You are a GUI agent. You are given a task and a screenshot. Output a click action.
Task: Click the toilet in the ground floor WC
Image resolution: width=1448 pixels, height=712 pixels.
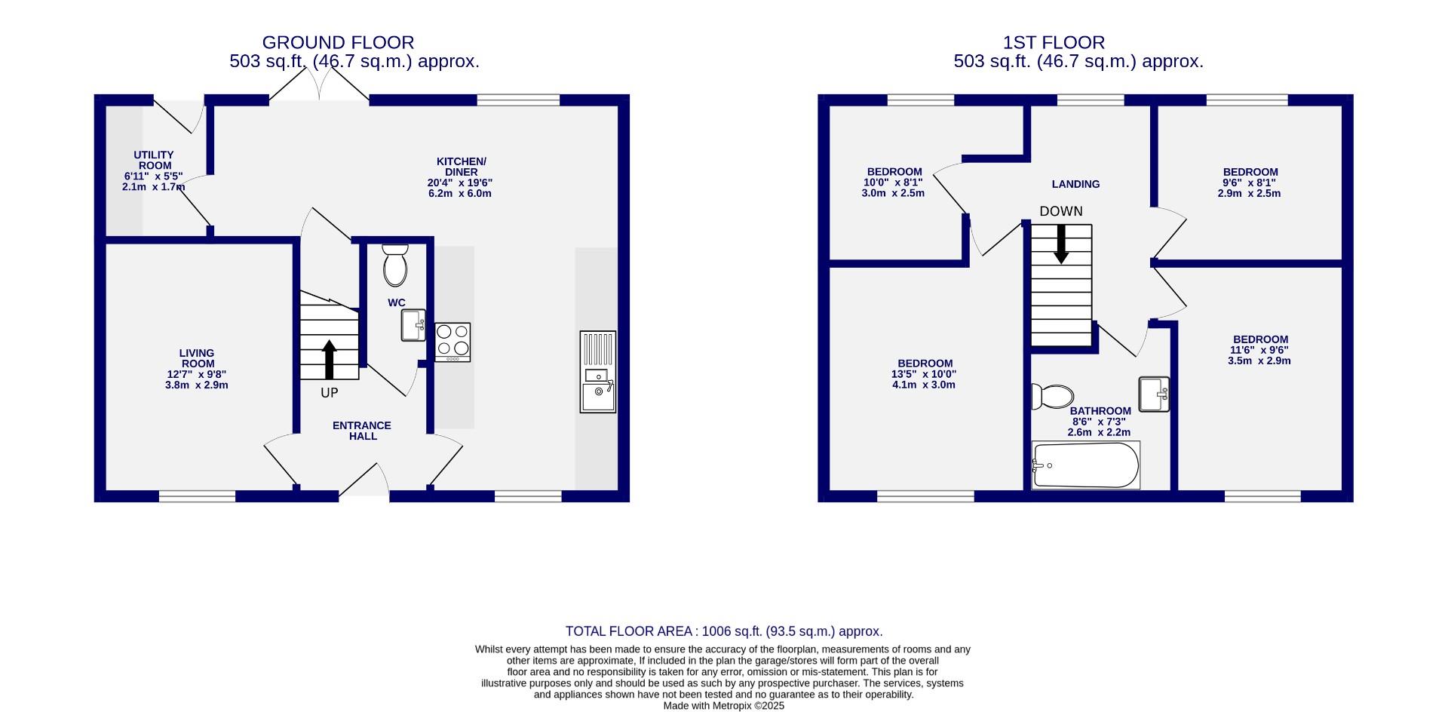pyautogui.click(x=395, y=266)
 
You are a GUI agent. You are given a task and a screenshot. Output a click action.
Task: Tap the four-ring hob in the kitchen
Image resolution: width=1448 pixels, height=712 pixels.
pyautogui.click(x=452, y=342)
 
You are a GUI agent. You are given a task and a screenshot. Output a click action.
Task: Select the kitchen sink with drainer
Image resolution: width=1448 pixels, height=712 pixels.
pyautogui.click(x=598, y=372)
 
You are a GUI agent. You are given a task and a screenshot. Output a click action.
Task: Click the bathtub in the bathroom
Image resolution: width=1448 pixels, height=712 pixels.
pyautogui.click(x=1086, y=465)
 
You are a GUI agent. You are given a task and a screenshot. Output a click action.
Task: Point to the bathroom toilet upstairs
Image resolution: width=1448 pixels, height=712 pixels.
pyautogui.click(x=1053, y=396)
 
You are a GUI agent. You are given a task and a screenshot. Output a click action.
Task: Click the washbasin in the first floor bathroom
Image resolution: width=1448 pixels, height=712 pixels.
pyautogui.click(x=1154, y=394)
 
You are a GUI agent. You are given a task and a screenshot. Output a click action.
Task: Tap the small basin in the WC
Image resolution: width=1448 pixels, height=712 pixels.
pyautogui.click(x=413, y=325)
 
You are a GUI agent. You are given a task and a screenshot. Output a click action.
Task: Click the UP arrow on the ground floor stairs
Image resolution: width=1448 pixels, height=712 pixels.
pyautogui.click(x=330, y=359)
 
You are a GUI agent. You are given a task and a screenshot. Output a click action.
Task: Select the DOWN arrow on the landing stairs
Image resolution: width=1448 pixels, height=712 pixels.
pyautogui.click(x=1061, y=244)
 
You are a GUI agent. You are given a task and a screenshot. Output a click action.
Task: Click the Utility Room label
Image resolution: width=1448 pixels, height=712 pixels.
pyautogui.click(x=154, y=160)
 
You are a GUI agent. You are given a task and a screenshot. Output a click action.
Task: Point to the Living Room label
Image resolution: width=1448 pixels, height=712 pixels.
pyautogui.click(x=197, y=358)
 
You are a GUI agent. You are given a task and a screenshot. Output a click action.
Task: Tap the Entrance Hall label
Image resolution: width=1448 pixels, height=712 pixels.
pyautogui.click(x=362, y=431)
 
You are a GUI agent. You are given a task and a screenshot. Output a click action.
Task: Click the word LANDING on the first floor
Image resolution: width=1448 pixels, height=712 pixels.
pyautogui.click(x=1075, y=184)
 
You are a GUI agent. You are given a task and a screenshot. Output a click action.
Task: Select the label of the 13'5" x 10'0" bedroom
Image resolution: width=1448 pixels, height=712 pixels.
pyautogui.click(x=925, y=364)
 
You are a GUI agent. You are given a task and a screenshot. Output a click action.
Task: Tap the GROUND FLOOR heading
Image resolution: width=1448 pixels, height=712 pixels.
pyautogui.click(x=338, y=43)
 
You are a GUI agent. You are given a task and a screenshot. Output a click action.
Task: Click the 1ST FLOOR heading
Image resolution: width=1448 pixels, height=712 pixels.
pyautogui.click(x=1054, y=43)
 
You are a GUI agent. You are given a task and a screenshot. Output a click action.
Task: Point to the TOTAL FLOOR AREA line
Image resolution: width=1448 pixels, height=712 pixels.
pyautogui.click(x=724, y=631)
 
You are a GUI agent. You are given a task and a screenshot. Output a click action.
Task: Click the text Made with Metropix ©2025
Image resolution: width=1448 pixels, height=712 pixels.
pyautogui.click(x=724, y=706)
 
